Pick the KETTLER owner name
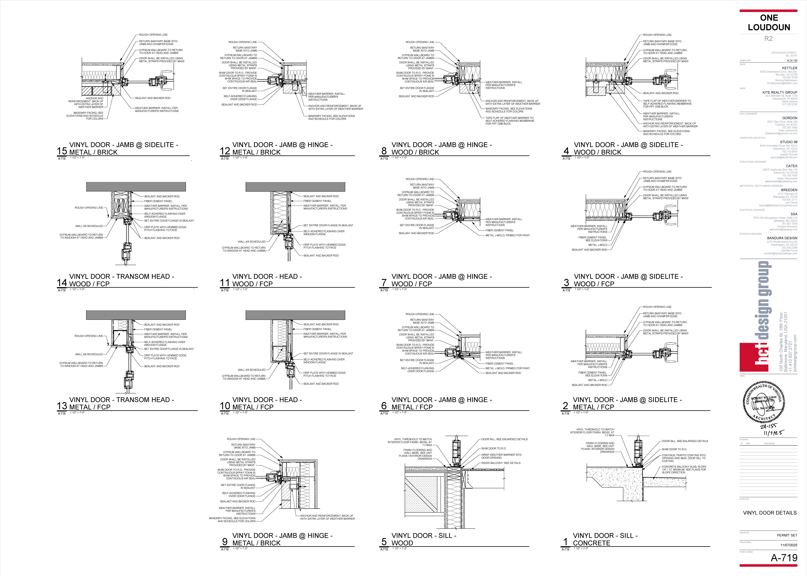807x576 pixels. pyautogui.click(x=790, y=68)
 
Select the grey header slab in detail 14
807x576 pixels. pyautogui.click(x=136, y=187)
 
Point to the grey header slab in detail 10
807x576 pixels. pyautogui.click(x=295, y=315)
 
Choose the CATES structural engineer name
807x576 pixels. pyautogui.click(x=791, y=166)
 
